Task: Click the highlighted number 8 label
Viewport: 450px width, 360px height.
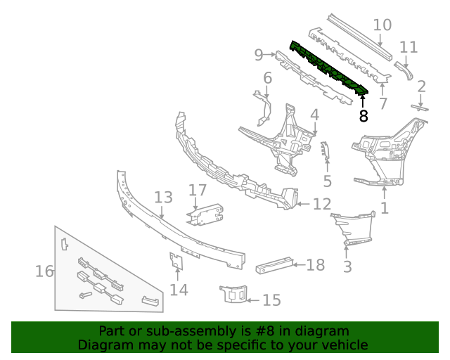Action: coord(364,116)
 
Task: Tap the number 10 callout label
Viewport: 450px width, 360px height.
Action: coord(382,26)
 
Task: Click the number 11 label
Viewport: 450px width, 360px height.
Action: coord(409,48)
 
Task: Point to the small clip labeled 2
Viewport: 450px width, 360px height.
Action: coord(420,107)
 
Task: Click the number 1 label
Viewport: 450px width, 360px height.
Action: coord(385,208)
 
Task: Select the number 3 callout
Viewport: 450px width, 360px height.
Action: coord(347,266)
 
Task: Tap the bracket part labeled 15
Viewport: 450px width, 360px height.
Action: coord(233,294)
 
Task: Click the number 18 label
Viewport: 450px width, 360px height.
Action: coord(316,265)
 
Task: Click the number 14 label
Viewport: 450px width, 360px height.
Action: coord(179,289)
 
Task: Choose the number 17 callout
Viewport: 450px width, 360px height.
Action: coord(198,190)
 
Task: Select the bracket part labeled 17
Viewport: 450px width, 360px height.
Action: coord(204,214)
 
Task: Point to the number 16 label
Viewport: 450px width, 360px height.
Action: coord(44,271)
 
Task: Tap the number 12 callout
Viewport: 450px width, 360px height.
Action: coord(321,205)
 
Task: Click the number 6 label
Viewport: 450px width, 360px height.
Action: coord(267,77)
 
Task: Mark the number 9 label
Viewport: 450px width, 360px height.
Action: coord(258,54)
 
